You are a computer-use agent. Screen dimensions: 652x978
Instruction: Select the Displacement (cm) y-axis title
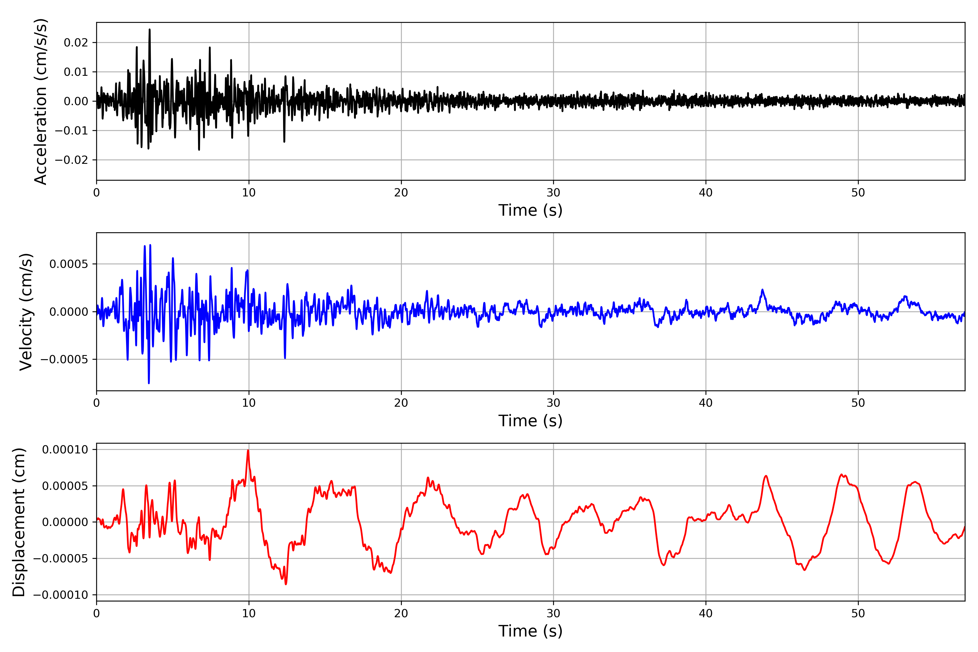click(x=19, y=522)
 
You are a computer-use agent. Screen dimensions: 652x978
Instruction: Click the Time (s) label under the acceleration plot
click(x=530, y=210)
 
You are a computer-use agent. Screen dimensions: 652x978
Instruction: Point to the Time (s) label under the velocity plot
click(x=530, y=421)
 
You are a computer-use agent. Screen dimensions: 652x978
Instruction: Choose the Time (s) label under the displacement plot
click(x=530, y=631)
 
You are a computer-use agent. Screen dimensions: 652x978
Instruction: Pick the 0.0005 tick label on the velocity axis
click(x=69, y=264)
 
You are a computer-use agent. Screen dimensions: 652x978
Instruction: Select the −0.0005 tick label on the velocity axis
click(x=64, y=359)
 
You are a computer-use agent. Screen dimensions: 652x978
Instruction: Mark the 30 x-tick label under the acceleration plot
click(x=553, y=193)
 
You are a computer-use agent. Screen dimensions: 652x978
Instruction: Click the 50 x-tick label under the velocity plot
click(x=858, y=403)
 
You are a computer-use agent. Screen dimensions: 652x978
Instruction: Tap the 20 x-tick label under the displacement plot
click(x=401, y=613)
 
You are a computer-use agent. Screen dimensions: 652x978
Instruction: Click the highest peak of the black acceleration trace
click(x=150, y=30)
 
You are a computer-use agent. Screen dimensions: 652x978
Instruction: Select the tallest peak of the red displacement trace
click(x=248, y=450)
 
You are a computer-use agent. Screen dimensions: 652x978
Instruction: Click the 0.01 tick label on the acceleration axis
click(x=76, y=72)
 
